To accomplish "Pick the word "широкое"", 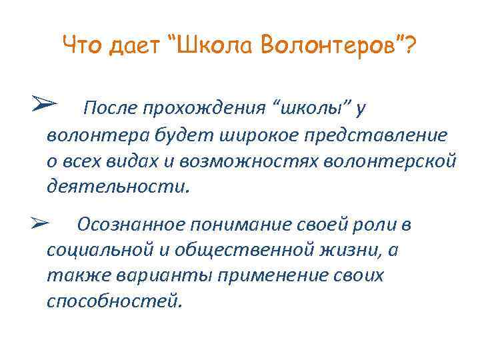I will (250, 136).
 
